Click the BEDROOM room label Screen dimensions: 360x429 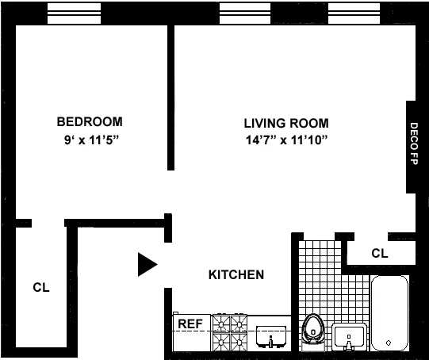90,121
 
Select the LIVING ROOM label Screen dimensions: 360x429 285,123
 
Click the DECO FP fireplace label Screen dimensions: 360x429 414,147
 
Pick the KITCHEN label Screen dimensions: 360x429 236,275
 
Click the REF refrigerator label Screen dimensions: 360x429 189,324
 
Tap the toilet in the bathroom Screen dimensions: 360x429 314,331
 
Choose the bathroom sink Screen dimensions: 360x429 349,337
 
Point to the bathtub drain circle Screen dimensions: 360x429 388,343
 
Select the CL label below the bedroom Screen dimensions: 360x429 41,288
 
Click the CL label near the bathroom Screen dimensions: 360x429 380,254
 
